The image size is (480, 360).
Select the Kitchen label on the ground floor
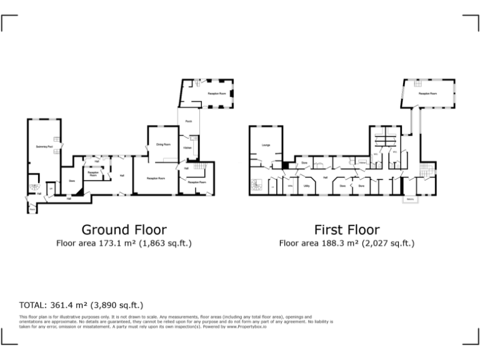(187, 147)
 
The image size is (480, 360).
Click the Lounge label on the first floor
(257, 145)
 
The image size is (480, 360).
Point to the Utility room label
(307, 186)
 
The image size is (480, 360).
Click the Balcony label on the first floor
(411, 200)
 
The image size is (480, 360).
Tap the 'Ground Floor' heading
(124, 230)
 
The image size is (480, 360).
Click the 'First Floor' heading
(346, 230)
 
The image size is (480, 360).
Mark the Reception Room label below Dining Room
(156, 179)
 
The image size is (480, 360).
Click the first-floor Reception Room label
(427, 93)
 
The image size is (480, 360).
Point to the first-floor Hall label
(326, 177)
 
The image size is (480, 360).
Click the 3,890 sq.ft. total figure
(117, 306)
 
